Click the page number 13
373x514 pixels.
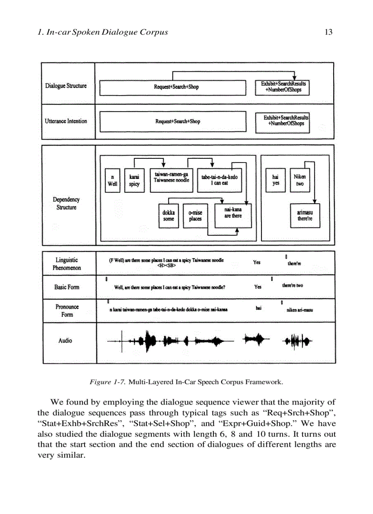[x=328, y=32]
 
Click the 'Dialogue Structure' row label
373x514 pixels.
[x=66, y=86]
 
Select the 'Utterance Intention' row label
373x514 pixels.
[x=66, y=121]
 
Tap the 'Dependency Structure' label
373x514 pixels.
[x=66, y=204]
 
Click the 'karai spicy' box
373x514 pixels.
[x=134, y=180]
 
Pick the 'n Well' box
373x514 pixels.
[x=112, y=180]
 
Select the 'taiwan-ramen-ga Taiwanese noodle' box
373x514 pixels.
[x=171, y=178]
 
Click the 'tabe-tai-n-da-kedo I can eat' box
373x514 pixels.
[x=219, y=180]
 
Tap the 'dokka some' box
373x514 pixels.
[x=169, y=216]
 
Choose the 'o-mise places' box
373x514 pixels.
[x=195, y=216]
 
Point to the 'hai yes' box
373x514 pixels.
[x=276, y=180]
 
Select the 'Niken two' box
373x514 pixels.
[x=300, y=180]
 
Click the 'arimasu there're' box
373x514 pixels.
[x=305, y=216]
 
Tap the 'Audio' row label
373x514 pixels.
[x=65, y=341]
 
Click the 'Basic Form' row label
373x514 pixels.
[x=67, y=287]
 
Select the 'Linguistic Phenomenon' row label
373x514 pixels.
[x=67, y=264]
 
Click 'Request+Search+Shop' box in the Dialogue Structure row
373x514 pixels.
[x=176, y=87]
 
